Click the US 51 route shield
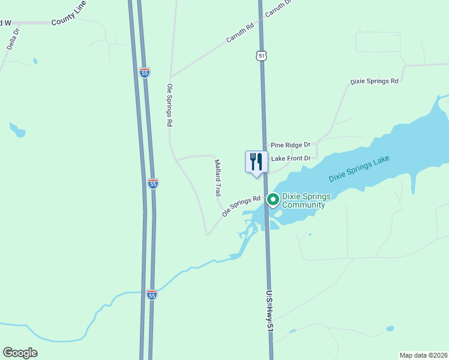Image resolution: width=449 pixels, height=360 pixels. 260,55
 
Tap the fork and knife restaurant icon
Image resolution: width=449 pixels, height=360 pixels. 256,161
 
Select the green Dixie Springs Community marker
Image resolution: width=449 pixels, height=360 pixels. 273,198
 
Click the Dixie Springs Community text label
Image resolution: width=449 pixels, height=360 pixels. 303,200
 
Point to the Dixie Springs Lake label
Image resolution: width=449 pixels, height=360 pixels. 359,169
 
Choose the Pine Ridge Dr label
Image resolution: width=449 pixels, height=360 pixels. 290,145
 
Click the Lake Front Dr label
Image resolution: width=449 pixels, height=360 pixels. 291,158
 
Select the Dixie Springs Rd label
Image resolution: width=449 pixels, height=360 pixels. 375,81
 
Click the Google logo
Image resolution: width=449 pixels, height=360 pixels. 20,353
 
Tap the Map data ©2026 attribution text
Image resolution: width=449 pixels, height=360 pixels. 424,355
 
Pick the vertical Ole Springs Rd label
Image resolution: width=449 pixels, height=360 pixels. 169,105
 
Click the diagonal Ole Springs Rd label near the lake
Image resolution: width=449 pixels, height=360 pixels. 241,206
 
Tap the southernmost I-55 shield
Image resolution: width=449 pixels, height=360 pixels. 152,295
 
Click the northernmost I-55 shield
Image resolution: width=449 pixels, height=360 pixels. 145,73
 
